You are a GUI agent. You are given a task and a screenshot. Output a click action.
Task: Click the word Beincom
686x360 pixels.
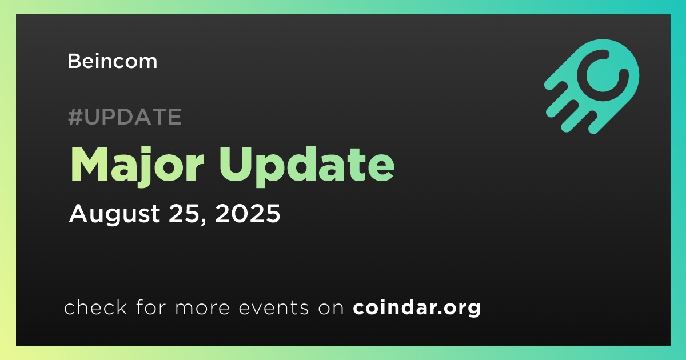113,61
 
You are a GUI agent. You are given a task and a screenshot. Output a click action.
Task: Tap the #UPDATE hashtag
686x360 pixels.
125,117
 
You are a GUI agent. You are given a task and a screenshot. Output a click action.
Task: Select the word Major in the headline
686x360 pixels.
137,166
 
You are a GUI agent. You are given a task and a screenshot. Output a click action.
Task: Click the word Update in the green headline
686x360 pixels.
306,166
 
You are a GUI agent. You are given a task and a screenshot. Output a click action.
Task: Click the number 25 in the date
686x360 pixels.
183,213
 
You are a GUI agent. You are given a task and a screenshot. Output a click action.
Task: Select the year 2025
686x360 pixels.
248,213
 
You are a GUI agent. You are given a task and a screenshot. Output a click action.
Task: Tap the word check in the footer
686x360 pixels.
95,307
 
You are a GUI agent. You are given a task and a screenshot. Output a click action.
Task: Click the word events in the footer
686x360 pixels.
273,307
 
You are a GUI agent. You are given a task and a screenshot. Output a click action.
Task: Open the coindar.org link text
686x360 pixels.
417,307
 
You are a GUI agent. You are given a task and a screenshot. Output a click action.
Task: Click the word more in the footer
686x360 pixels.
202,308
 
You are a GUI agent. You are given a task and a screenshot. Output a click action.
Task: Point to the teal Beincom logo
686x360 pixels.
592,87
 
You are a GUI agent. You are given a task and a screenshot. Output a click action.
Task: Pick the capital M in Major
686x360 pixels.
89,165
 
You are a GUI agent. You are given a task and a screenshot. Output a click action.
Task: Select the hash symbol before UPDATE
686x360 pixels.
75,117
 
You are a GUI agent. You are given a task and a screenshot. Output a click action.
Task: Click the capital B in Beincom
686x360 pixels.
74,61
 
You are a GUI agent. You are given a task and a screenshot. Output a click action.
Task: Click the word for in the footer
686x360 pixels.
151,307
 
